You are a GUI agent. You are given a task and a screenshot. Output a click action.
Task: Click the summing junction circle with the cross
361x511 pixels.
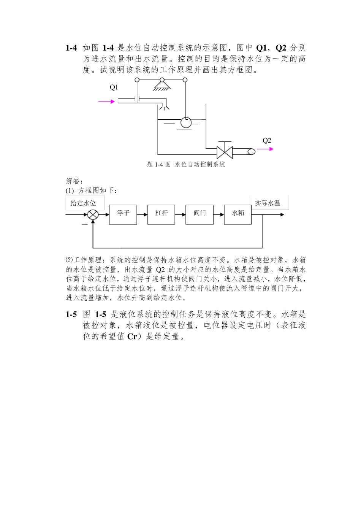coord(93,215)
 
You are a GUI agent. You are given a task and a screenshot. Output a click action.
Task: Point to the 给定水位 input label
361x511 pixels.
coord(83,203)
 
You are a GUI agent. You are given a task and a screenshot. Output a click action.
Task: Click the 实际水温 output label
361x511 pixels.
coord(268,203)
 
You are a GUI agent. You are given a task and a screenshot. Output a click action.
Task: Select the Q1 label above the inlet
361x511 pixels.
coord(114,87)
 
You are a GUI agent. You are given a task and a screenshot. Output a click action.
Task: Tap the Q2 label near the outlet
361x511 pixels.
coord(267,141)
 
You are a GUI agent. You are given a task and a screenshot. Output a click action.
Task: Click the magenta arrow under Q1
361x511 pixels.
coord(106,102)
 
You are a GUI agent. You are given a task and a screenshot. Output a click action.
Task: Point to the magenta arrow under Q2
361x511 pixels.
coord(265,149)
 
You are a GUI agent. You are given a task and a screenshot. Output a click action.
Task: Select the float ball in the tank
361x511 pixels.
coord(186,122)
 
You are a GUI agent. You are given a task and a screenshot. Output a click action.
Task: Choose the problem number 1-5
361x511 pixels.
coord(71,314)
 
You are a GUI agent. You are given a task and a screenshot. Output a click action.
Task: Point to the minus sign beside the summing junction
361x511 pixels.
coord(84,225)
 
